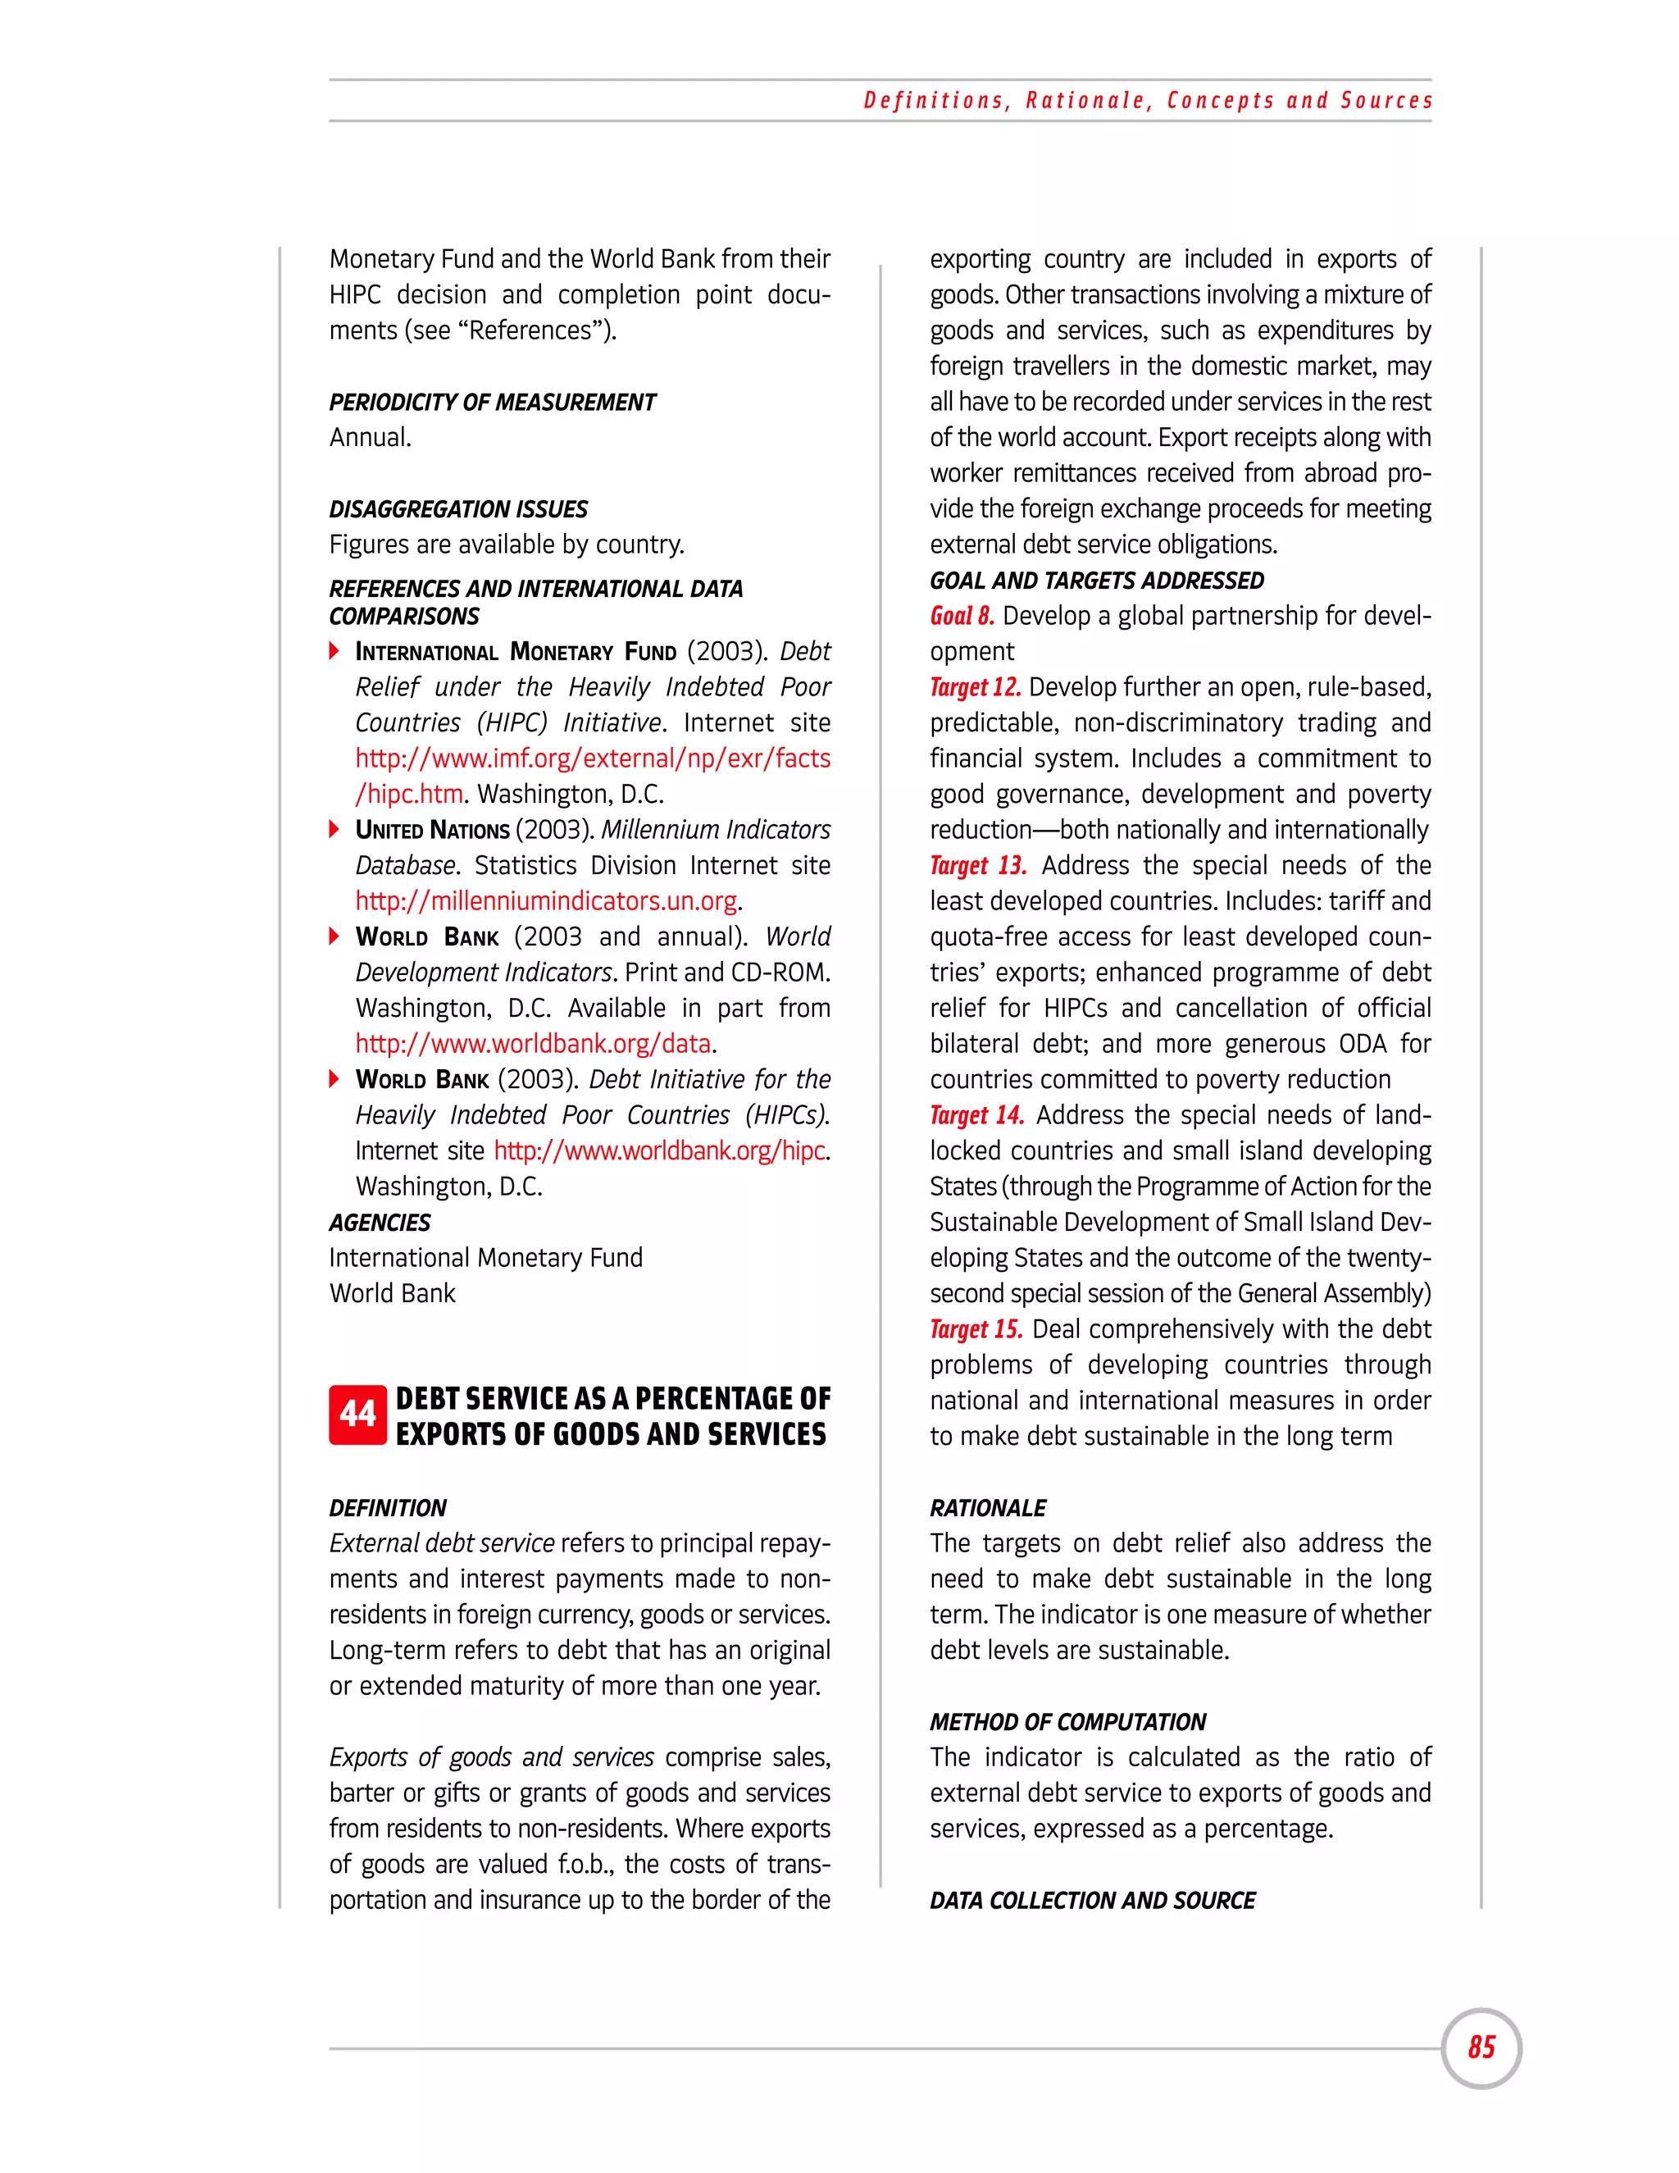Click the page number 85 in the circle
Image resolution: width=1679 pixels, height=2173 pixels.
pos(1481,2047)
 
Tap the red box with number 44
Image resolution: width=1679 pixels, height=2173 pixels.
pos(357,1414)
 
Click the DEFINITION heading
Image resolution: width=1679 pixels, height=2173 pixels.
pos(388,1507)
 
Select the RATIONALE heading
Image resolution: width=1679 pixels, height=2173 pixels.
pos(988,1507)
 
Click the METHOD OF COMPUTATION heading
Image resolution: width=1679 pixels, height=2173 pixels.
pos(1067,1721)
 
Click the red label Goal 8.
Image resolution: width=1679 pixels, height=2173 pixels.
pos(962,616)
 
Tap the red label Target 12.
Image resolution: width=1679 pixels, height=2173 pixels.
pos(975,687)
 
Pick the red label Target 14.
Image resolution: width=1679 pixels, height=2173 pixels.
pos(976,1115)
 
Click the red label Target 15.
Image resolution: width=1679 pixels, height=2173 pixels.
pos(976,1329)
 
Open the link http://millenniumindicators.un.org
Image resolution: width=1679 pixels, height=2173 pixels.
pos(546,901)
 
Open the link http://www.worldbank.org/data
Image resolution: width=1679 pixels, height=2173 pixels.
pos(533,1044)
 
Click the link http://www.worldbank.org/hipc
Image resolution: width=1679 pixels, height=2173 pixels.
pos(659,1151)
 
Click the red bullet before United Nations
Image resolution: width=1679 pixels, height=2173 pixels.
pos(335,830)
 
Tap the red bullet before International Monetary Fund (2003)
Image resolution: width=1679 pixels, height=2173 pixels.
pos(335,652)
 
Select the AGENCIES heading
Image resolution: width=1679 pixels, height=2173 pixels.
pos(380,1222)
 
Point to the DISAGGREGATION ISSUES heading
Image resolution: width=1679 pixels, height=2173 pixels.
pos(458,509)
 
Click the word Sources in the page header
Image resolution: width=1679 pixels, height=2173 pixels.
pos(1386,101)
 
